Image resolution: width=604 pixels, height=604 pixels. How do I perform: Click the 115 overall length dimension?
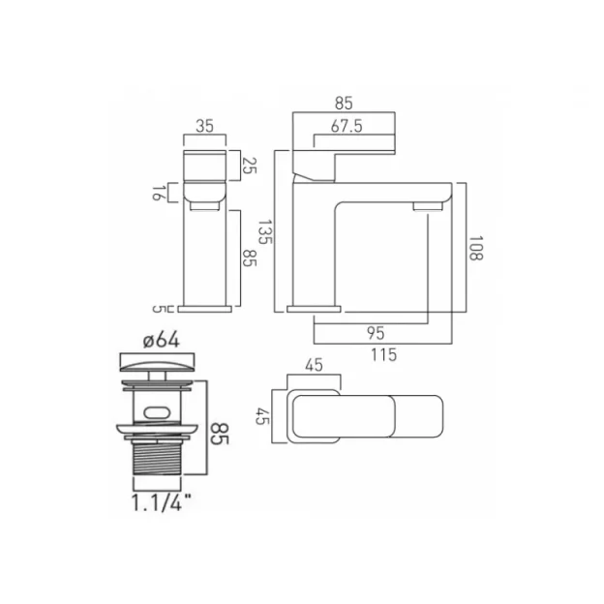click(384, 354)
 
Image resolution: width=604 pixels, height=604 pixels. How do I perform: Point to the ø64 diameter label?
click(157, 340)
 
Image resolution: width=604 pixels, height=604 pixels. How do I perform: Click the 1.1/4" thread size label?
click(157, 501)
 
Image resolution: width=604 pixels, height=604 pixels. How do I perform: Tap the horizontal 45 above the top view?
click(314, 366)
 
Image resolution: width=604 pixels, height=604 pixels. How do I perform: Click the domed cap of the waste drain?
click(157, 367)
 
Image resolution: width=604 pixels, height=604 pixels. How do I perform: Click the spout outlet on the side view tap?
click(425, 206)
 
